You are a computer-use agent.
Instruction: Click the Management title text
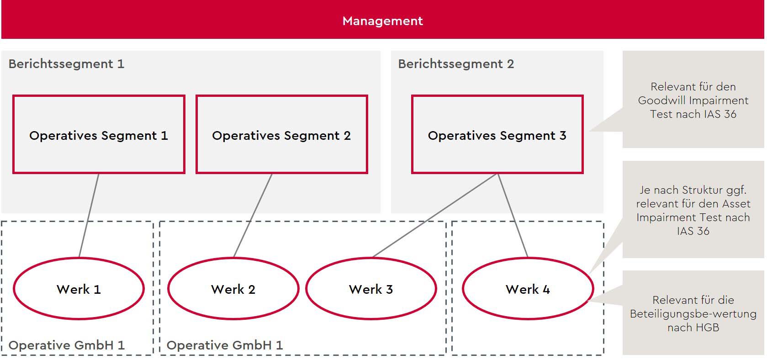[382, 21]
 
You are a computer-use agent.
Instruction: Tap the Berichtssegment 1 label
[66, 64]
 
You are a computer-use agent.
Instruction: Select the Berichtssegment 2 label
[456, 64]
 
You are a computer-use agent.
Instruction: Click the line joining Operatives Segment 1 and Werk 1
[89, 216]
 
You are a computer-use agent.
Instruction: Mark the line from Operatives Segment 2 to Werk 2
[253, 216]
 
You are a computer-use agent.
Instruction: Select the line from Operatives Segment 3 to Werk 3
[435, 216]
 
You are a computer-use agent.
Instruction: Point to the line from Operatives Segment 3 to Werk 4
[513, 216]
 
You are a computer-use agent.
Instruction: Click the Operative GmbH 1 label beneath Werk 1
[66, 345]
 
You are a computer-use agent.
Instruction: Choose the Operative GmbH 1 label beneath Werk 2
[225, 345]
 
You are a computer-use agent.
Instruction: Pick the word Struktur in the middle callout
[704, 190]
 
